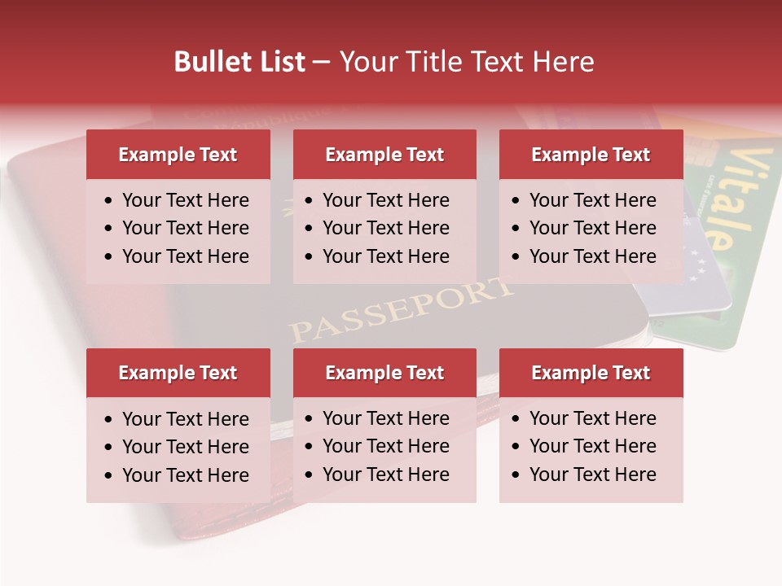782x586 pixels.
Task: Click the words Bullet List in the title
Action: [239, 62]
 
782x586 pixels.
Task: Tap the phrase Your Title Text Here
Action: [467, 62]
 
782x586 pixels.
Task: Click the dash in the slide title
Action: [322, 63]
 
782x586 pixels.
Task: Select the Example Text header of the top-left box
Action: [178, 155]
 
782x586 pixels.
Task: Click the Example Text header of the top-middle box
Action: [384, 155]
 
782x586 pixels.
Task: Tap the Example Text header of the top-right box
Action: [591, 155]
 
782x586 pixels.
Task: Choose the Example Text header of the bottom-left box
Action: [178, 373]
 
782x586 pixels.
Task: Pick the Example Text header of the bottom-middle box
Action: [384, 373]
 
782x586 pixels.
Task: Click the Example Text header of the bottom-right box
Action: [591, 373]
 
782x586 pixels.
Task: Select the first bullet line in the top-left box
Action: [185, 200]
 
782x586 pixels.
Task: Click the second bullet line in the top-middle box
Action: [385, 228]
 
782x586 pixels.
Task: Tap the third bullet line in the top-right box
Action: [592, 256]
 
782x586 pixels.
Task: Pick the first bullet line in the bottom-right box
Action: [592, 418]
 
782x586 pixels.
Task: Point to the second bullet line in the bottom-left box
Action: [185, 447]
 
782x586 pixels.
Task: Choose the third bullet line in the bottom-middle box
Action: [385, 474]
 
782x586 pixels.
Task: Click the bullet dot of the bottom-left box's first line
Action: [109, 420]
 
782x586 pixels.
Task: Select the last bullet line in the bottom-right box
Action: [592, 474]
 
